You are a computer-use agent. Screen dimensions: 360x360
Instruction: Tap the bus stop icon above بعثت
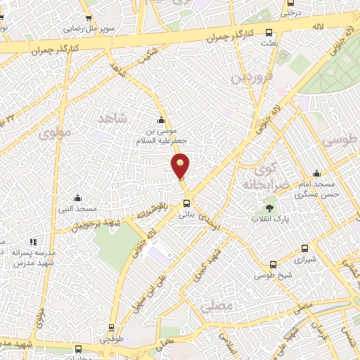pos(269,32)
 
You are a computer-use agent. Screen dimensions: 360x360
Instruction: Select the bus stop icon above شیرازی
pos(304,248)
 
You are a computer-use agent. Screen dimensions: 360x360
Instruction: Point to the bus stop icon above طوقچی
pos(111,327)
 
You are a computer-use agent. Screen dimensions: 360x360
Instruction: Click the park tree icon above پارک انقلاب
pos(269,207)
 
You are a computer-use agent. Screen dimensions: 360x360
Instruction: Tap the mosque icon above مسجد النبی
pos(77,199)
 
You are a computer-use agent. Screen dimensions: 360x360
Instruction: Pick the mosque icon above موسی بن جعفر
pos(161,119)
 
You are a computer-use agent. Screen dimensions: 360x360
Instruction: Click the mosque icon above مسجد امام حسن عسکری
pos(316,173)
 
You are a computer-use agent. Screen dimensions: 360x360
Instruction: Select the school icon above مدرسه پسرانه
pos(33,243)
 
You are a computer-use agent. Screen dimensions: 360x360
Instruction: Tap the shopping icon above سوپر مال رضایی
pos(89,20)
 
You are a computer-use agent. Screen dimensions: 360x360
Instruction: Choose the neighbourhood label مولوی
pos(56,132)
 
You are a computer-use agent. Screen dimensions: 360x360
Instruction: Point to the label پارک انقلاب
pos(269,219)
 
